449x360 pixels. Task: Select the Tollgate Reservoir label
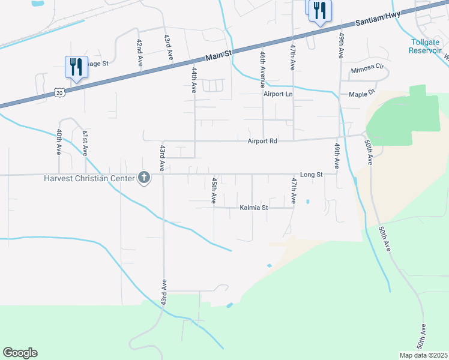pos(426,46)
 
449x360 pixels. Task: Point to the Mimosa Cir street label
pos(367,70)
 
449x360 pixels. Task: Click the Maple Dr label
pos(362,94)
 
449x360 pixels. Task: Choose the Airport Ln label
pos(278,94)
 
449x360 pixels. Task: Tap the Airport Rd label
pos(262,142)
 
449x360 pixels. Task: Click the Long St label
pos(312,174)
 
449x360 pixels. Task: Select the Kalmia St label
pos(254,208)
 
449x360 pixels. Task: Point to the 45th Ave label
pos(214,190)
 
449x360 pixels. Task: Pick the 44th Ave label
pos(194,79)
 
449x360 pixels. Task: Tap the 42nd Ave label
pos(139,53)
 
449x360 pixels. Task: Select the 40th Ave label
pos(59,142)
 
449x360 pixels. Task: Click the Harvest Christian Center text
pos(90,178)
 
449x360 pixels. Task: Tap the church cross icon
pos(144,177)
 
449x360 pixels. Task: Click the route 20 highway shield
pos(58,92)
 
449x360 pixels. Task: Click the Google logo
pos(20,353)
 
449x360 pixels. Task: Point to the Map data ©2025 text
pos(423,355)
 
